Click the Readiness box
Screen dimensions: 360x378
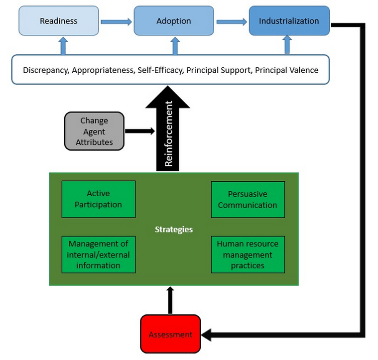[x=59, y=21]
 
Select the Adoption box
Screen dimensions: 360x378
[x=174, y=21]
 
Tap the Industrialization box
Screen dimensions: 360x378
[x=289, y=21]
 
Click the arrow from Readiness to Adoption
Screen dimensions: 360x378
[x=116, y=21]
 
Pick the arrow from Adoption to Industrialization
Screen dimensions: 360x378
[x=231, y=21]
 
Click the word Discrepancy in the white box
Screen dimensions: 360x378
[x=45, y=70]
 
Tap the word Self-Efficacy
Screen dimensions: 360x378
[x=160, y=70]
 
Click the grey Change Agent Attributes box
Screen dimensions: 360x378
[x=94, y=131]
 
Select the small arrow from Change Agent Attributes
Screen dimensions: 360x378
[x=139, y=131]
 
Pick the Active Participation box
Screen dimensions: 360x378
[x=98, y=199]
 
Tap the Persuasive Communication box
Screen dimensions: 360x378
[x=248, y=199]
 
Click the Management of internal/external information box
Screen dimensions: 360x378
[x=98, y=254]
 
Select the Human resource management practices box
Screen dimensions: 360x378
[x=248, y=254]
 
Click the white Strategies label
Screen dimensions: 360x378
[x=173, y=230]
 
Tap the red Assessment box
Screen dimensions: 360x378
[x=170, y=334]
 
